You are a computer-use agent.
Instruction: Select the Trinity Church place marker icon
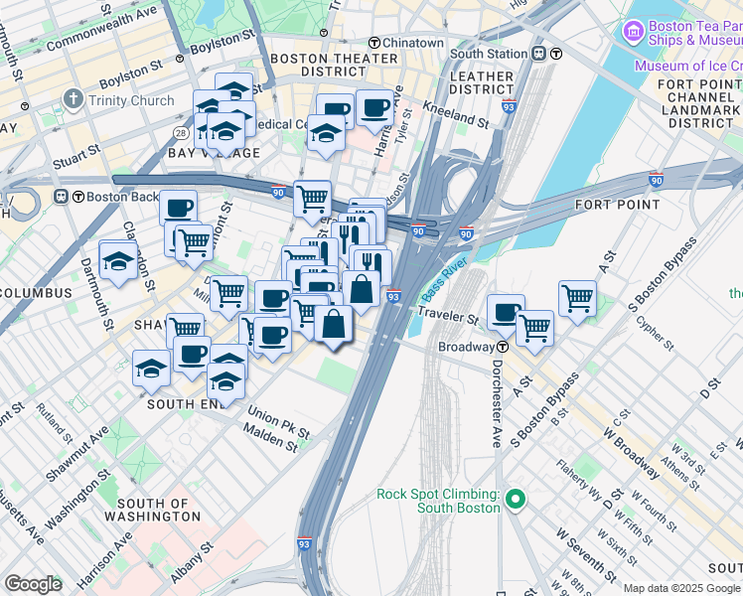[x=74, y=100]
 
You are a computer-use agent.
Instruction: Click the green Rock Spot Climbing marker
[x=515, y=500]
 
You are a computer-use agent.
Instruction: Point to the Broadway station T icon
[x=504, y=347]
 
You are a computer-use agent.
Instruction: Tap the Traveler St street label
[x=447, y=319]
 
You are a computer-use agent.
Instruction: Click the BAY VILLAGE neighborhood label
[x=214, y=153]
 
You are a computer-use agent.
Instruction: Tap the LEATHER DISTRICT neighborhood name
[x=482, y=83]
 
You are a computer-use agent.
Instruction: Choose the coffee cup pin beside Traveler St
[x=506, y=311]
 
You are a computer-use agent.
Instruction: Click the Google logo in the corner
[x=33, y=584]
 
